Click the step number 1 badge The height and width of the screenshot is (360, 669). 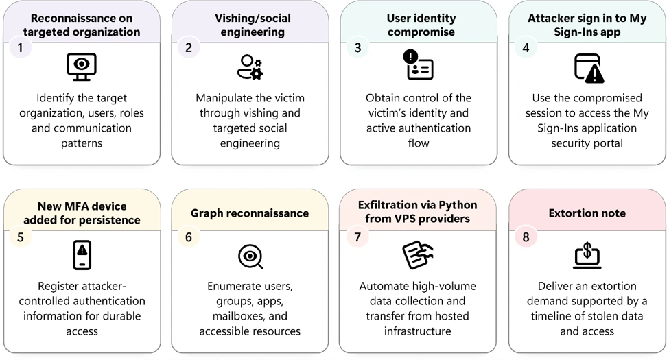(x=20, y=47)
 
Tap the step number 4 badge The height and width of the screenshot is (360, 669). (x=526, y=47)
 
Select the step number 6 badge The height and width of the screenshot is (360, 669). (x=189, y=237)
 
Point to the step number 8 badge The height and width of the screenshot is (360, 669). (x=526, y=237)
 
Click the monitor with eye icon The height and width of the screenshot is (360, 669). (x=82, y=67)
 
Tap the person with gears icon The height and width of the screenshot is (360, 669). (x=250, y=67)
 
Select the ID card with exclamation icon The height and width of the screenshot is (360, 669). (x=418, y=64)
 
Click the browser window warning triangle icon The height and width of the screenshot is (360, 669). (x=589, y=68)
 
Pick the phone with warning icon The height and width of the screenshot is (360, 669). (x=82, y=255)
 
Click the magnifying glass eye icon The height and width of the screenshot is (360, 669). (x=250, y=256)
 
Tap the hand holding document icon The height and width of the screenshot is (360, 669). (x=418, y=255)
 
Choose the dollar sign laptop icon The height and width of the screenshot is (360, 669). (x=587, y=255)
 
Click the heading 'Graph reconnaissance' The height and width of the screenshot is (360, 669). (x=250, y=213)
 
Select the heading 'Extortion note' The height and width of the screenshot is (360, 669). (x=587, y=213)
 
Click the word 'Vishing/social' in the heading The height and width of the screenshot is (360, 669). (x=253, y=18)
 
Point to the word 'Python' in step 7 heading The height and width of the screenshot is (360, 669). (x=458, y=205)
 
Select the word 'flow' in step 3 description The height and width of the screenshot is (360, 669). (x=418, y=143)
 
